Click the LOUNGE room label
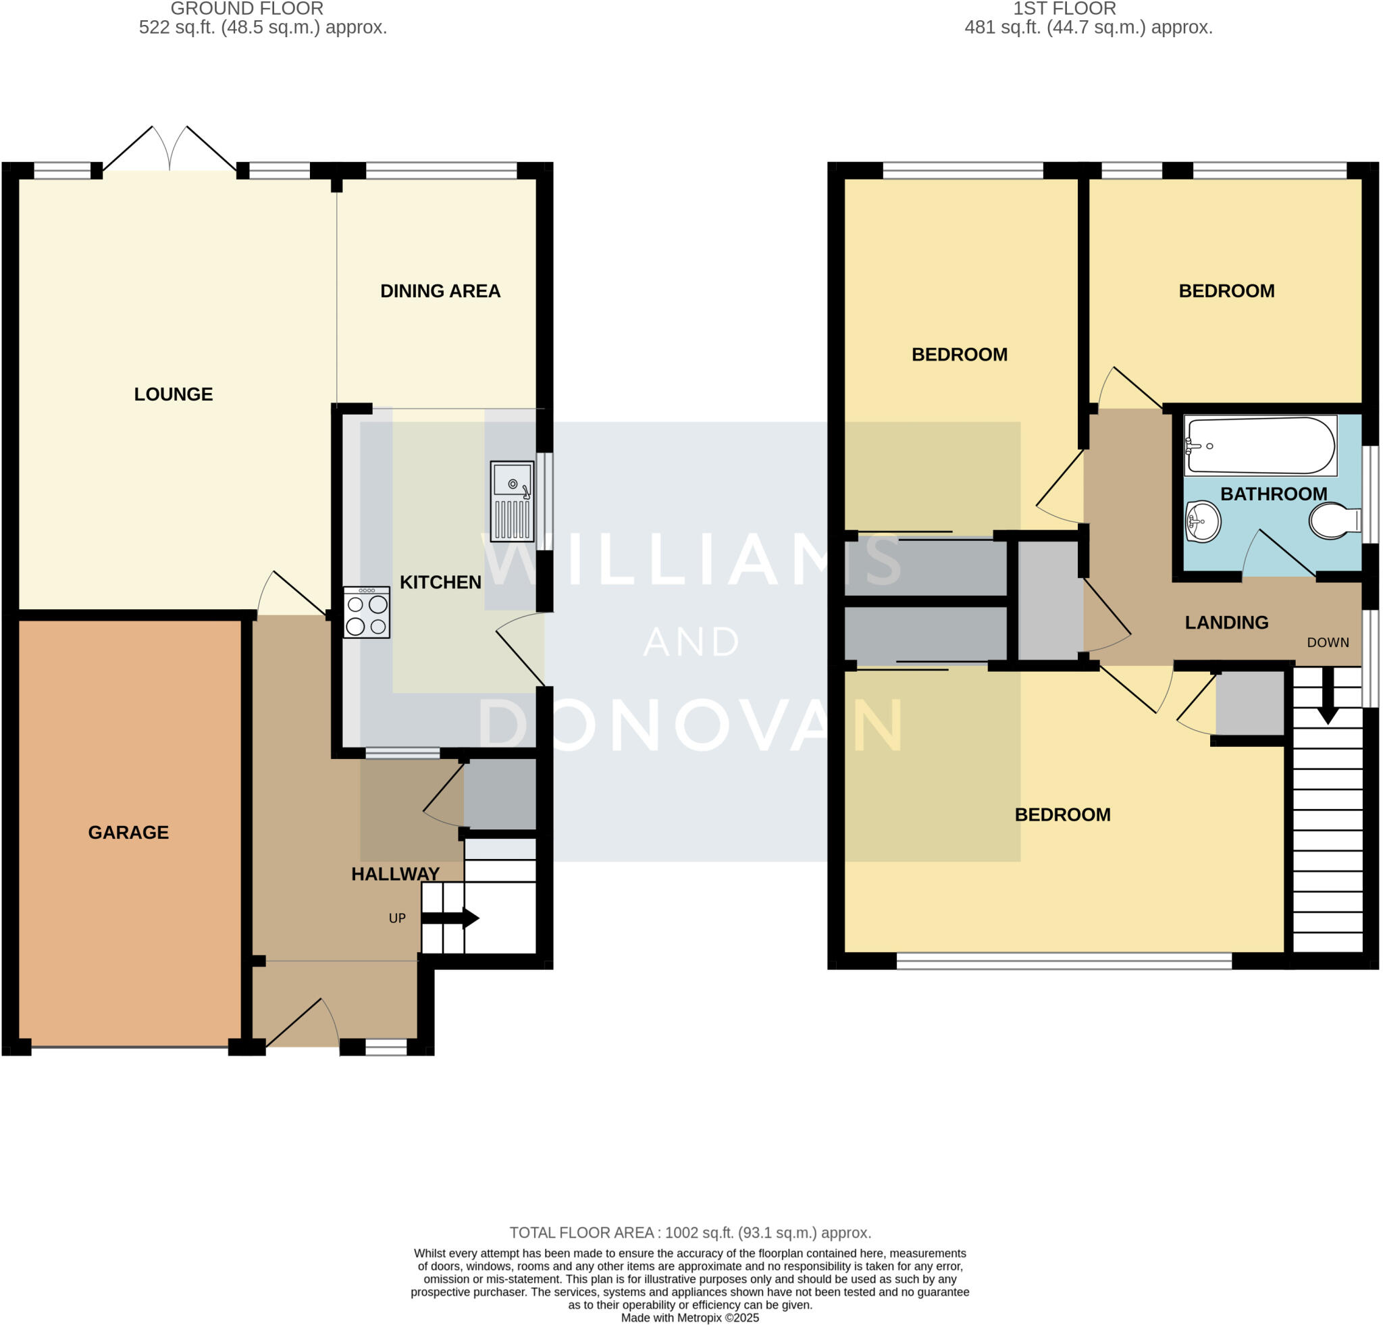tap(173, 394)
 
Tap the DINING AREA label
tap(440, 290)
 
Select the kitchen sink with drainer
tap(512, 500)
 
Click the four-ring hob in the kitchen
tap(366, 613)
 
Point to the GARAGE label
tap(128, 833)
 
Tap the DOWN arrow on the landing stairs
tap(1327, 695)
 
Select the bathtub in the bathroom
tap(1260, 445)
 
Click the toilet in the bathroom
tap(1334, 521)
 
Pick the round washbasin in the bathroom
tap(1203, 521)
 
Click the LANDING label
tap(1226, 622)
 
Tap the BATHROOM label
tap(1273, 494)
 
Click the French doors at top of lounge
tap(169, 149)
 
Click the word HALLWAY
tap(395, 874)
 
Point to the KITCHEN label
tap(440, 582)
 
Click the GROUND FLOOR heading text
tap(247, 9)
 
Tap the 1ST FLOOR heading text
tap(1064, 9)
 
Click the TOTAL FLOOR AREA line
tap(690, 1232)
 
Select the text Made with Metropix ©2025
tap(689, 1318)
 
